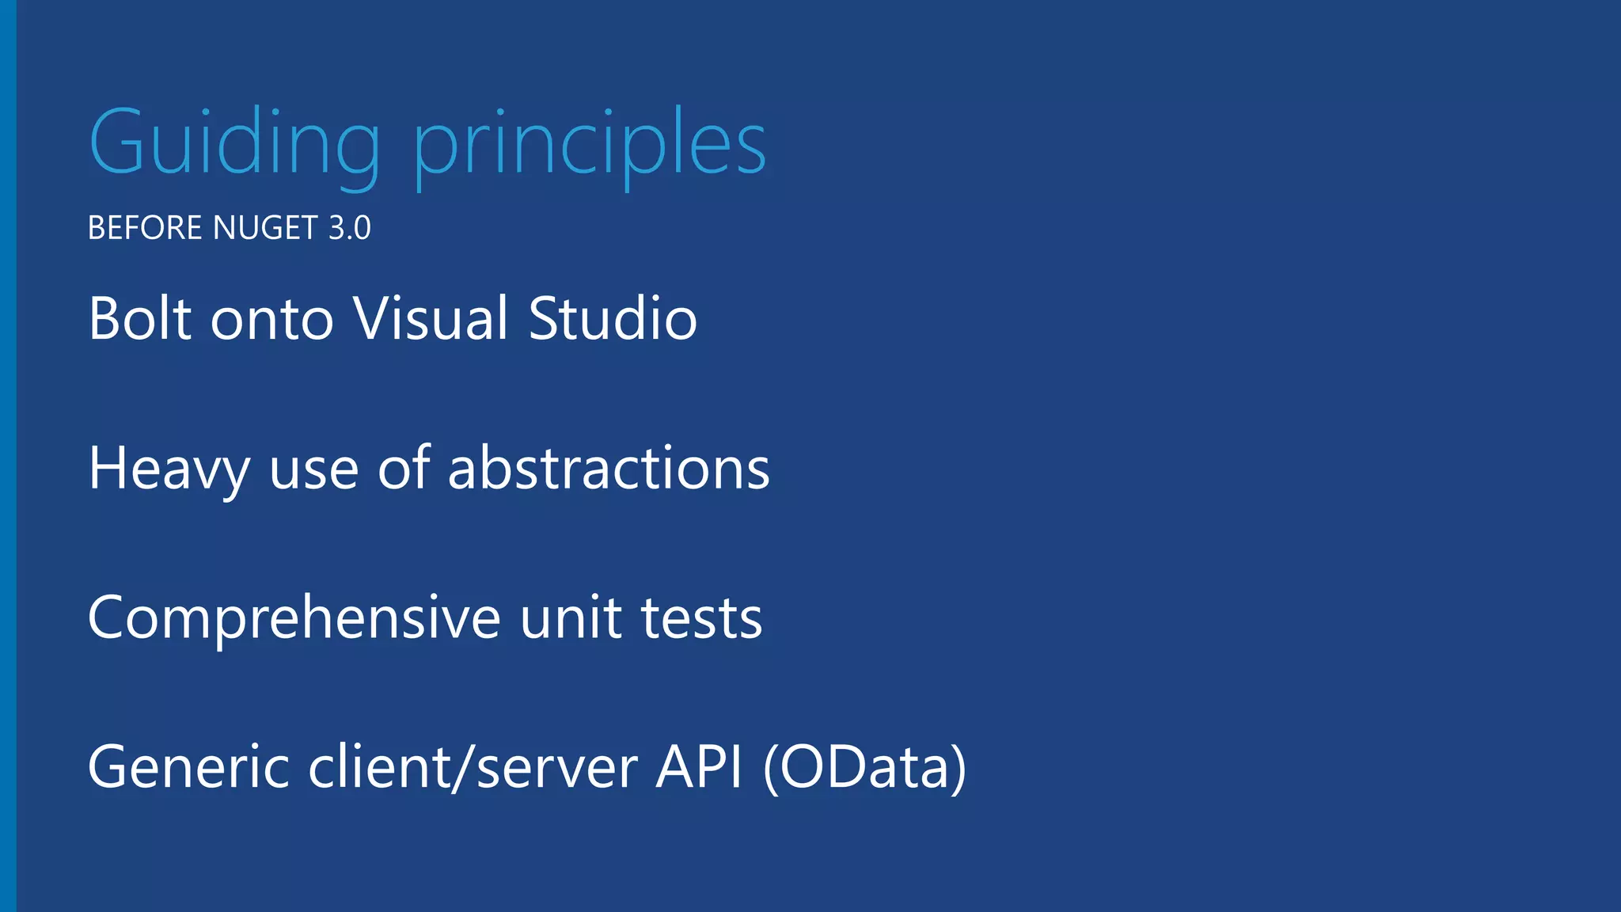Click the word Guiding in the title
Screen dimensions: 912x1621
234,144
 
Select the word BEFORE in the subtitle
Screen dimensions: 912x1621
145,228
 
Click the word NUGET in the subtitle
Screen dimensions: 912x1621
266,228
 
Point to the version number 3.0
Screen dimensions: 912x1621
349,228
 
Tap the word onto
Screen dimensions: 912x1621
271,318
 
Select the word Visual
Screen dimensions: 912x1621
431,318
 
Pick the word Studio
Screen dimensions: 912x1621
613,318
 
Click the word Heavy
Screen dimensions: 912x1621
169,469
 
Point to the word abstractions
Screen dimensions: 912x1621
609,469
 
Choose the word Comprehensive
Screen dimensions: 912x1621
294,618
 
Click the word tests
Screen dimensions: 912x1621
701,618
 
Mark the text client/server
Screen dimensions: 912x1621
473,767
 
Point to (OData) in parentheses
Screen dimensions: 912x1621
864,767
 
